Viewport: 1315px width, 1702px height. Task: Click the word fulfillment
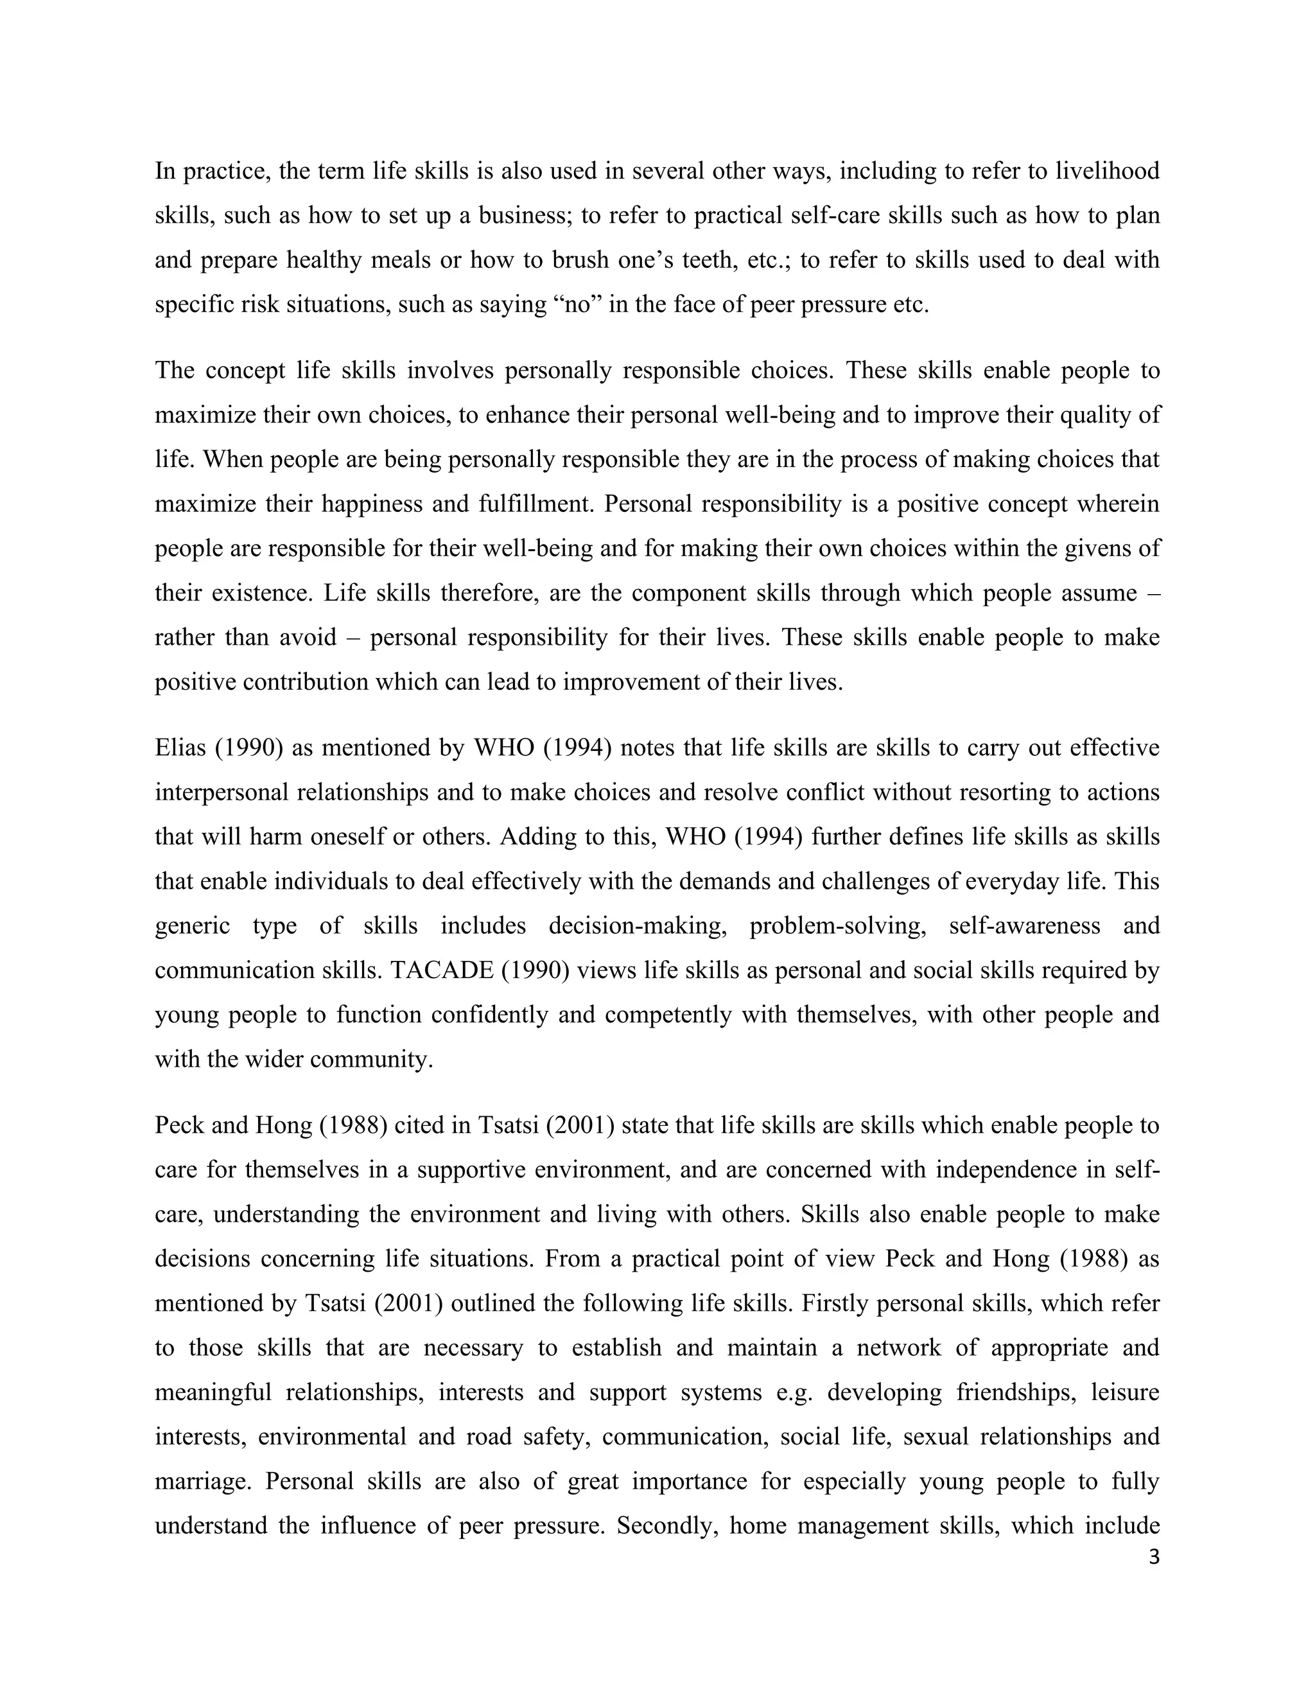click(x=537, y=504)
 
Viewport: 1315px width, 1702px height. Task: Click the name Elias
click(x=180, y=748)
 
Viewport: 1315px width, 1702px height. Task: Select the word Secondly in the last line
click(x=666, y=1526)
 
